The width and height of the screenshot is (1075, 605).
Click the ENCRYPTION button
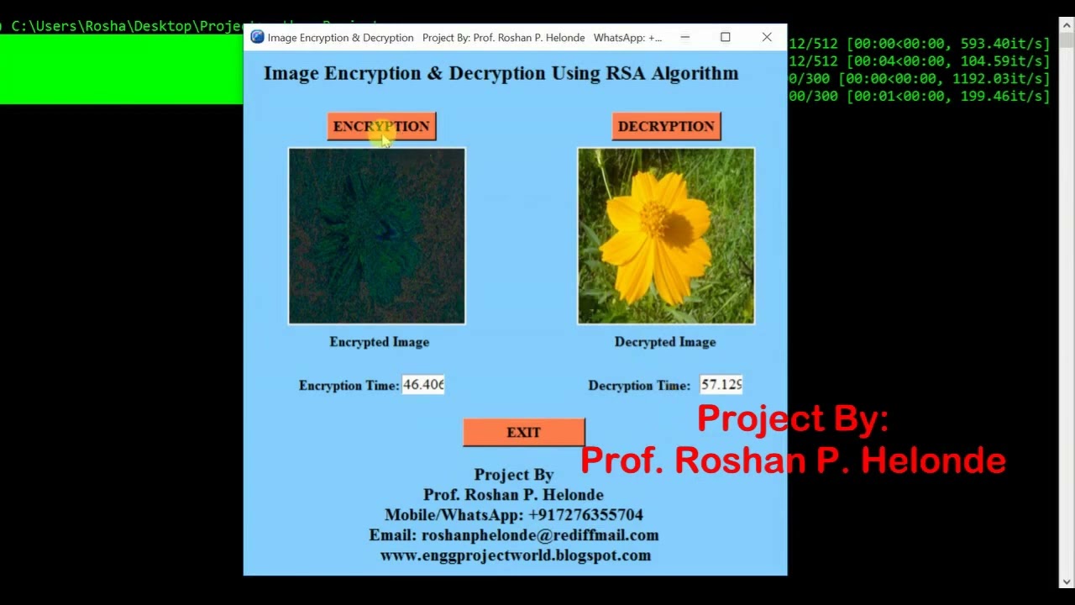click(381, 126)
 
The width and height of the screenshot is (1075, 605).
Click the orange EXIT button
click(523, 432)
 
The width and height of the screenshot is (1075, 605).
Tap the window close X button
click(767, 37)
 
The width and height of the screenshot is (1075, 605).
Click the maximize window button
click(726, 37)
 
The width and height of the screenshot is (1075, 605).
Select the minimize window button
click(684, 37)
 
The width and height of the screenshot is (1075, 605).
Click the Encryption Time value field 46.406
click(422, 385)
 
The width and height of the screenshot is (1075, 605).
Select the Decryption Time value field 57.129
click(721, 385)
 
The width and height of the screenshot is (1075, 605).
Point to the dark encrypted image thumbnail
click(376, 236)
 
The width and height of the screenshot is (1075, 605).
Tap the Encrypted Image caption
click(379, 342)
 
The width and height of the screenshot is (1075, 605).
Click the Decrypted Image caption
click(664, 342)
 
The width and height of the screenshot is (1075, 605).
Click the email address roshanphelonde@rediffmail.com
click(539, 535)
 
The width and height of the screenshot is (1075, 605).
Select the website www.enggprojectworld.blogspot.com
click(515, 555)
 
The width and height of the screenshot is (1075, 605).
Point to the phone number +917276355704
click(585, 515)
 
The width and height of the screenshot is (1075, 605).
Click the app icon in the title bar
click(257, 37)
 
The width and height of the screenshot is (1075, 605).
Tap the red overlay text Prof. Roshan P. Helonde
click(792, 460)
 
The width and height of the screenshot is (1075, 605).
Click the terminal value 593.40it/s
click(1005, 43)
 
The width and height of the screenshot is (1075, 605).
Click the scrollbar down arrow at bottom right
click(1066, 581)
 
